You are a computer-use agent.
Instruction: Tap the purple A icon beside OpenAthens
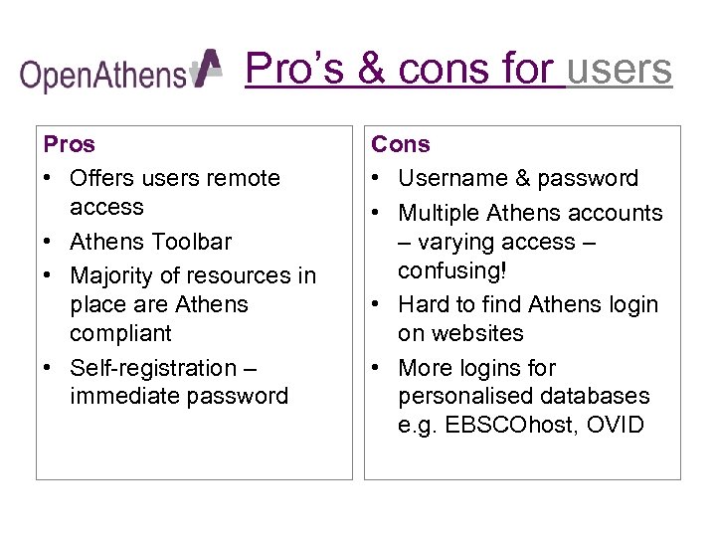coord(207,69)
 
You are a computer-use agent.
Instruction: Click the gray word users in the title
coord(620,69)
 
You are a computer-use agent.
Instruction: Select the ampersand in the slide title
coord(372,69)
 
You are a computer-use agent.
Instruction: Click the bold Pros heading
coord(70,144)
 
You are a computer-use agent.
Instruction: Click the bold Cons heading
coord(401,144)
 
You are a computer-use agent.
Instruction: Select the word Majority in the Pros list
coord(112,275)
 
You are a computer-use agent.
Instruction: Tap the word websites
coord(460,333)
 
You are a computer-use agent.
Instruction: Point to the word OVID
coord(616,426)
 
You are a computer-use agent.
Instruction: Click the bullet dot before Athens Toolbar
coord(49,242)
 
